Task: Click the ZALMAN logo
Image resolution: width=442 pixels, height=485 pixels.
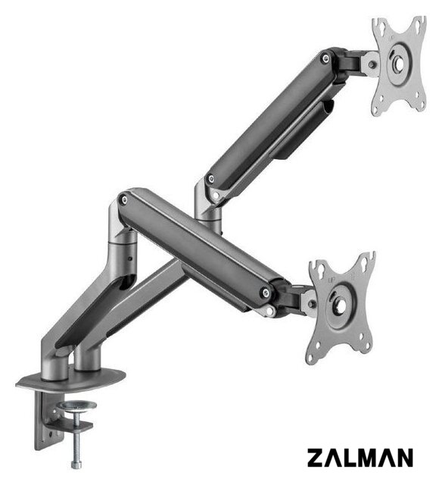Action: click(360, 458)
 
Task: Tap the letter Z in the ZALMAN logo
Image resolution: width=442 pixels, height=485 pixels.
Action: click(316, 458)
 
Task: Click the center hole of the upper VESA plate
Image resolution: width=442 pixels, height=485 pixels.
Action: click(399, 63)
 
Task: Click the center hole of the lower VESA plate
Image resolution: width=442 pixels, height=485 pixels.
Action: click(341, 306)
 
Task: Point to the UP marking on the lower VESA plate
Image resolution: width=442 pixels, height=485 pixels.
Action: click(331, 280)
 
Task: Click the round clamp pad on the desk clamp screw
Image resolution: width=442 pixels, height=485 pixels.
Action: click(77, 405)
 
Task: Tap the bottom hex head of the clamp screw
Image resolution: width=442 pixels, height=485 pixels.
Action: click(76, 465)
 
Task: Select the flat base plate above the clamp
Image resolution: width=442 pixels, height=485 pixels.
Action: click(71, 379)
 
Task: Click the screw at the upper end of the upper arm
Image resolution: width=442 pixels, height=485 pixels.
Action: click(325, 58)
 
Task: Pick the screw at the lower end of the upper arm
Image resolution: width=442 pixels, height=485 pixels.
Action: click(211, 179)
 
